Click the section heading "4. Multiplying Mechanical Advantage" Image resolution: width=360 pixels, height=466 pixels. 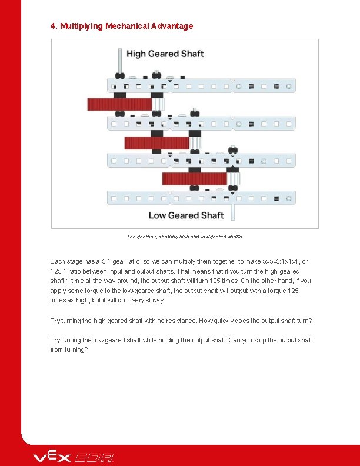click(x=122, y=26)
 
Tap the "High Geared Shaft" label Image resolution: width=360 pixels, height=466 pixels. click(x=165, y=54)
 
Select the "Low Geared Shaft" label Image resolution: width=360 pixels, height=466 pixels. click(x=186, y=215)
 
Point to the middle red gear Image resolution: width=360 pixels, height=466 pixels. click(x=156, y=142)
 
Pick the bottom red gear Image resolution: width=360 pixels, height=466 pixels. click(x=194, y=178)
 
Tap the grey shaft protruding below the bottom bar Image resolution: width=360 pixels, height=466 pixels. click(x=233, y=211)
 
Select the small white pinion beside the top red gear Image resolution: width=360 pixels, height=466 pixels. click(x=158, y=104)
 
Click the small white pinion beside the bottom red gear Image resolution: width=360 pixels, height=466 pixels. click(x=234, y=178)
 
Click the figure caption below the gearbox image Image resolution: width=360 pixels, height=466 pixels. click(x=185, y=237)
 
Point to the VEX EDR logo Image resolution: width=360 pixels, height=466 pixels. click(x=74, y=457)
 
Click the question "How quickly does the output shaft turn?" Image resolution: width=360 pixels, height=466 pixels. click(x=255, y=321)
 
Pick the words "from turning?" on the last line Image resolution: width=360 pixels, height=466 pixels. click(x=69, y=349)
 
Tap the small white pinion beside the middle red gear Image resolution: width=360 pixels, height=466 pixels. click(x=196, y=142)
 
